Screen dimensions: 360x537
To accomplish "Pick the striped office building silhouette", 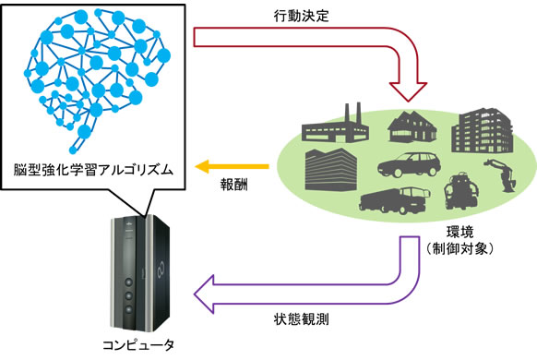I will [329, 171].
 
